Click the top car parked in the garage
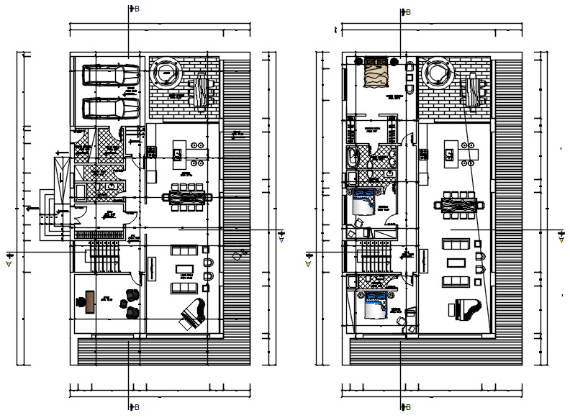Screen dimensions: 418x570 pos(112,75)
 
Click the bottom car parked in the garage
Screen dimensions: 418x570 pos(112,108)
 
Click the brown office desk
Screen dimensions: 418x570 pos(88,301)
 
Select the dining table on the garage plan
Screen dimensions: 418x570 pos(186,196)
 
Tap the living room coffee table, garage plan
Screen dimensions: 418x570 pos(186,270)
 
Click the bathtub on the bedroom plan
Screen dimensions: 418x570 pos(352,157)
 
